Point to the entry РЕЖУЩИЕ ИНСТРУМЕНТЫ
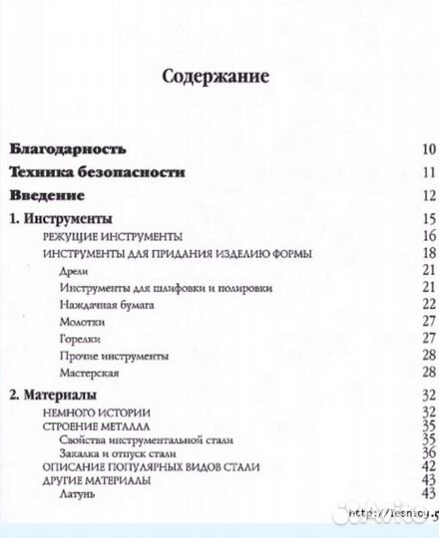click(x=112, y=236)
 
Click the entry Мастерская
click(x=90, y=373)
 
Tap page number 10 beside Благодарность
click(x=429, y=150)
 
